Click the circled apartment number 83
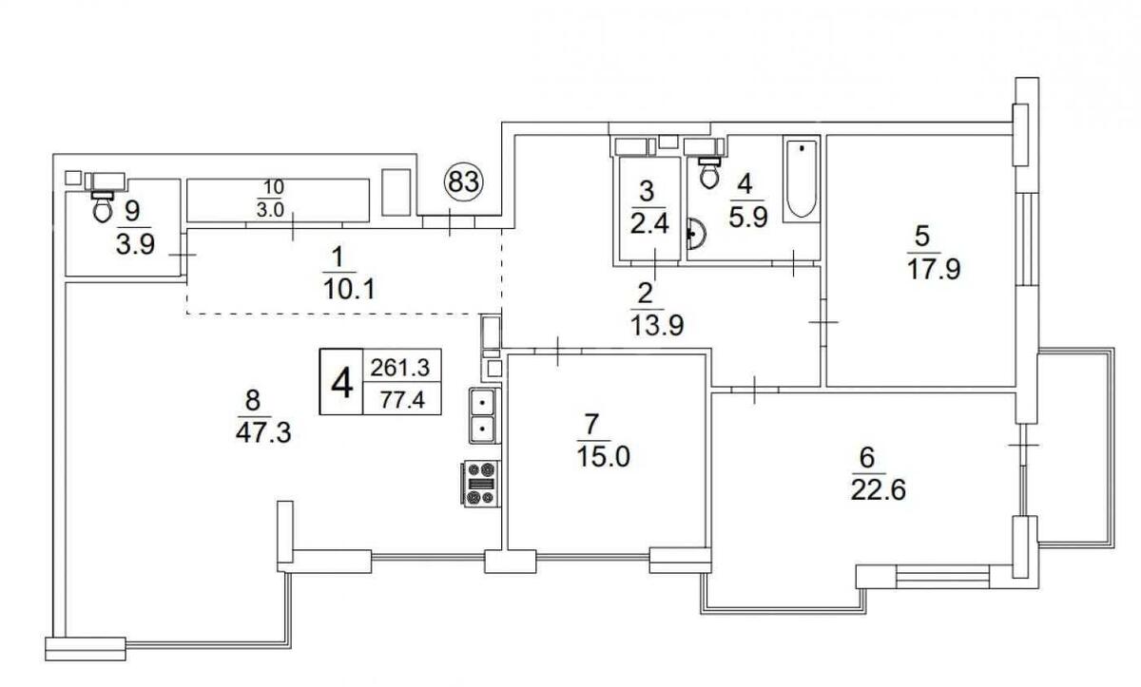coord(464,181)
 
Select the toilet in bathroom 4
coord(709,173)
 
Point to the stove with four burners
coord(480,484)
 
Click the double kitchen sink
coord(482,416)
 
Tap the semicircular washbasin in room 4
coord(695,234)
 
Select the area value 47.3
coord(263,433)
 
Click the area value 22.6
coord(879,491)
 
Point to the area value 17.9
coord(934,269)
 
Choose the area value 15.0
coord(603,456)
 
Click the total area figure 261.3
coord(400,368)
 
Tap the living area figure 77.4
coord(402,400)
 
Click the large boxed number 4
coord(341,384)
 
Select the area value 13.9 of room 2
coord(657,325)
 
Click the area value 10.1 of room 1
coord(349,290)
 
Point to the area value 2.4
coord(649,224)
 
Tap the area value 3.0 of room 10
coord(270,210)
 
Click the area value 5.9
coord(747,218)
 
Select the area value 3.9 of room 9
coord(135,244)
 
